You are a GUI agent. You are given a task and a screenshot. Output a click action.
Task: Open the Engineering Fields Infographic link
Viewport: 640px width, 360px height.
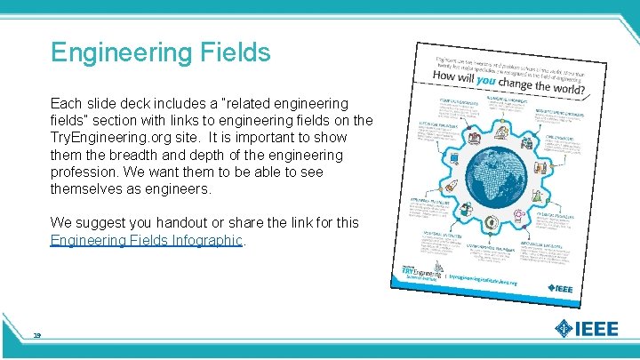[147, 240]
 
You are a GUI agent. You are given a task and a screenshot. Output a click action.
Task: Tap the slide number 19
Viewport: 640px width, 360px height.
[37, 334]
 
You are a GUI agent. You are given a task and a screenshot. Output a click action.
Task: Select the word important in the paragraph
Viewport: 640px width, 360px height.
[277, 138]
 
